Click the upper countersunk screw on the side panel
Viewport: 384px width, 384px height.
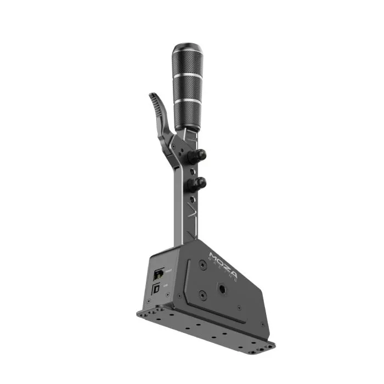(x=203, y=265)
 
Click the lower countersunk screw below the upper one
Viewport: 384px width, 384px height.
(x=202, y=297)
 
